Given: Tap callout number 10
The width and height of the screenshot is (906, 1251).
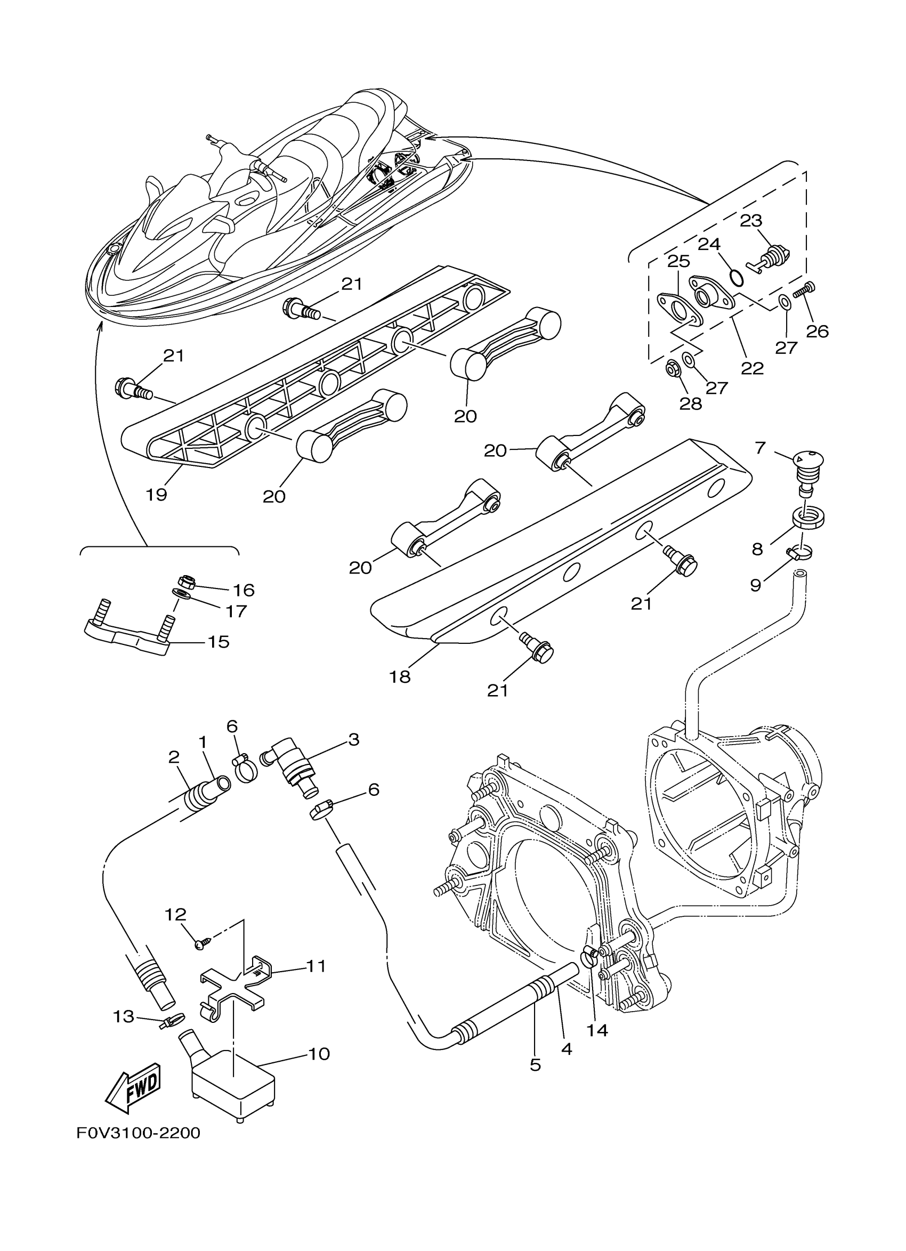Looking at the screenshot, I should tap(319, 1054).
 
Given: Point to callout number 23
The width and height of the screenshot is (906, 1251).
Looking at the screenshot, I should tap(750, 221).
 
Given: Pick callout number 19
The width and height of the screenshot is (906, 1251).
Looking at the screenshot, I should tap(157, 494).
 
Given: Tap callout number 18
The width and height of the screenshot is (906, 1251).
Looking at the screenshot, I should tap(400, 677).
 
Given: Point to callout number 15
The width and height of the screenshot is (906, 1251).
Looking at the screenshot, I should tap(219, 642).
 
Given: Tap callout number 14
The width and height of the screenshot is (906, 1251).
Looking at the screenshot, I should tap(598, 1030).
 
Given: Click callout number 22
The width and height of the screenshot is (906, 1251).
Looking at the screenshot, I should tap(752, 368).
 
